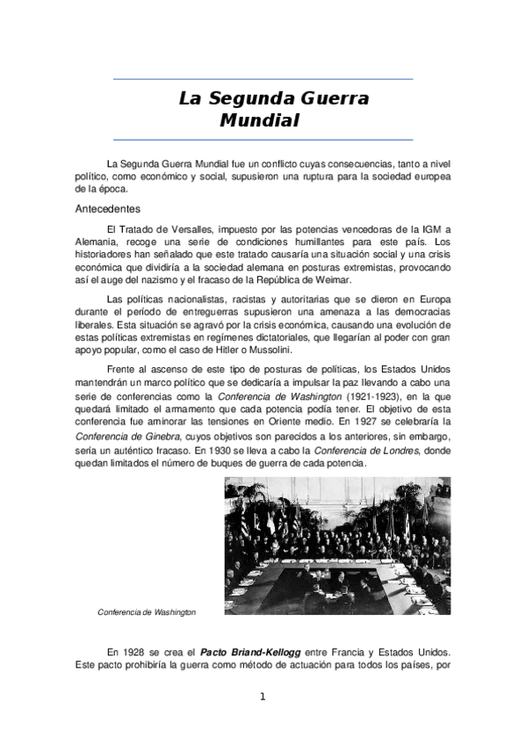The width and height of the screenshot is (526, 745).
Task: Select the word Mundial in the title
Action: pyautogui.click(x=259, y=119)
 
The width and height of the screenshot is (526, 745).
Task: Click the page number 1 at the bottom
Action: pyautogui.click(x=262, y=698)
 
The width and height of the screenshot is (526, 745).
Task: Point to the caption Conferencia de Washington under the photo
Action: pyautogui.click(x=147, y=611)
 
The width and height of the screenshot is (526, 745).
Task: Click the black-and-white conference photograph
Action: pyautogui.click(x=338, y=546)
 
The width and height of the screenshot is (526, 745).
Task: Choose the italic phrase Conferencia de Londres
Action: pyautogui.click(x=359, y=450)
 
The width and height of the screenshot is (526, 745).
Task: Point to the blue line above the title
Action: pyautogui.click(x=263, y=79)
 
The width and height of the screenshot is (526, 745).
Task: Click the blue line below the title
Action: pyautogui.click(x=263, y=139)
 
